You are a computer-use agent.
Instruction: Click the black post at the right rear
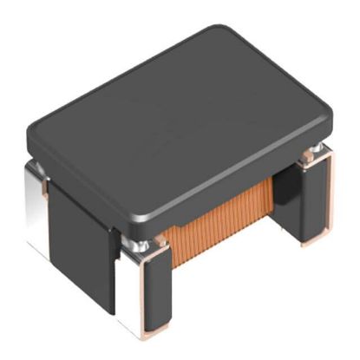coord(317,195)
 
